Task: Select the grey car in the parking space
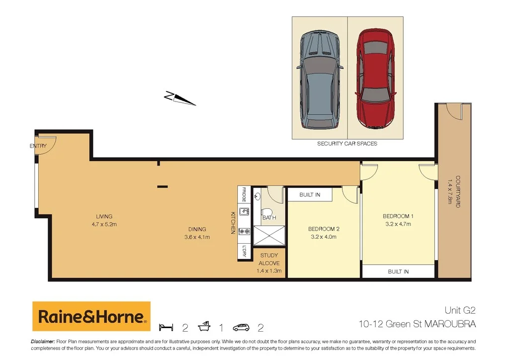[319, 79]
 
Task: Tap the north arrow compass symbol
[180, 98]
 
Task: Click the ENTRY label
[38, 146]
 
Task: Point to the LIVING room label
[104, 216]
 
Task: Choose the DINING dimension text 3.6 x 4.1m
[197, 237]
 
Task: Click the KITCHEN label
[232, 223]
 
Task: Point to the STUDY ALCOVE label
[269, 259]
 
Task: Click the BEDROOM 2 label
[324, 229]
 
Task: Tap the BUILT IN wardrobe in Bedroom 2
[310, 194]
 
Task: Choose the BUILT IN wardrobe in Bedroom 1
[398, 271]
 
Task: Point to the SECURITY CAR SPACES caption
[347, 144]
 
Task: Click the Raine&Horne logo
[91, 316]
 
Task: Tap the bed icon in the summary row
[166, 327]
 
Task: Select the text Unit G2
[459, 311]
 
